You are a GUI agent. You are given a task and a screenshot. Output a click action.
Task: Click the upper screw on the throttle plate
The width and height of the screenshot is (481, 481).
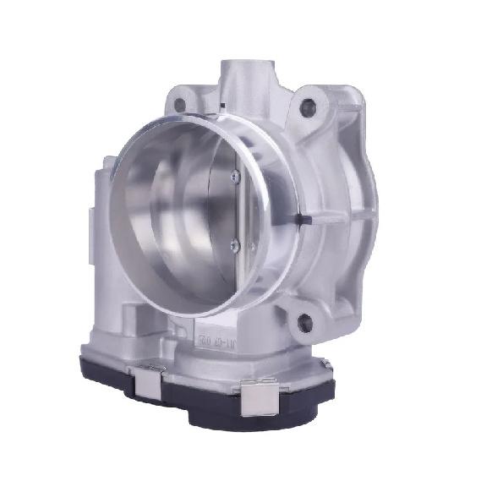[234, 176]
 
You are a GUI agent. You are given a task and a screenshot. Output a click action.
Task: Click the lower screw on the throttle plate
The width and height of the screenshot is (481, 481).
[234, 245]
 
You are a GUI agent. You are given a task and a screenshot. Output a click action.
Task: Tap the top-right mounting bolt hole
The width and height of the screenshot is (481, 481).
[307, 106]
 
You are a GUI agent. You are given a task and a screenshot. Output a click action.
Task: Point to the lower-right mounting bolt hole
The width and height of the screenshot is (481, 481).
[305, 321]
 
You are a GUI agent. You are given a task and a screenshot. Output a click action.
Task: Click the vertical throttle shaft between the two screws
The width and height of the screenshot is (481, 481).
[237, 211]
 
